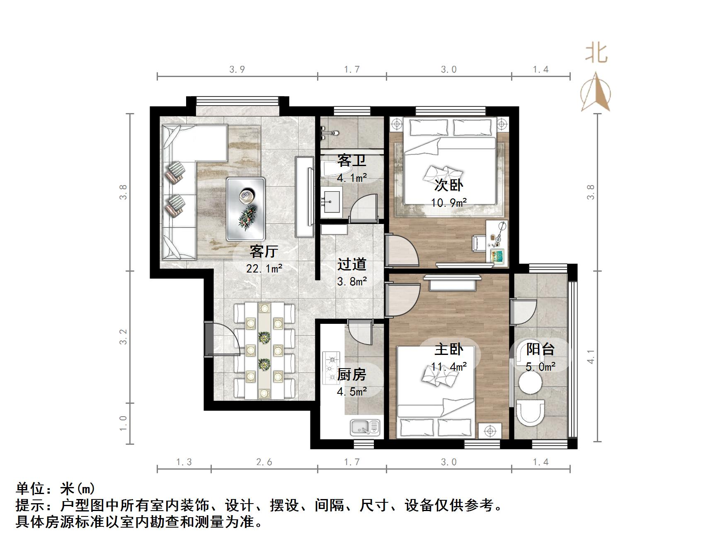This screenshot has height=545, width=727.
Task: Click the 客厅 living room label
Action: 264,251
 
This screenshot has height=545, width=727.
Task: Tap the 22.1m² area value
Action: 264,269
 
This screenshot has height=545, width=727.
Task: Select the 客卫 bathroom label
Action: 351,160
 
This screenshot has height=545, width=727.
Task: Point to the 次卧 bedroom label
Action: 448,185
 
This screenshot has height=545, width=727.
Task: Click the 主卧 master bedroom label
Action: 448,349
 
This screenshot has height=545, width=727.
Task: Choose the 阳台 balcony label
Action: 540,349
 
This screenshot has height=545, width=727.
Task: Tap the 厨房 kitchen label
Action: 351,374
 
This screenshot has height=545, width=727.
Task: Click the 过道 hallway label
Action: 351,264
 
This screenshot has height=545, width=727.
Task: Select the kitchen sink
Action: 365,427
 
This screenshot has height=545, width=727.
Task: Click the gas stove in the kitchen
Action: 331,367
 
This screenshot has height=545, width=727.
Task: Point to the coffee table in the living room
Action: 245,209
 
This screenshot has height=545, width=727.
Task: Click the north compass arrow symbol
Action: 595,92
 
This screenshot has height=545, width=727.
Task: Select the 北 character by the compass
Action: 596,53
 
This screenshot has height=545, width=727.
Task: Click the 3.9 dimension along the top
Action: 237,70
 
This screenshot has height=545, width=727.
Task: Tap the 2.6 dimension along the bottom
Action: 264,462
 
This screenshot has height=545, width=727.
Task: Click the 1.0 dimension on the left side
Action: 123,423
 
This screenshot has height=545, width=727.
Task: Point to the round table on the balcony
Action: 530,383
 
